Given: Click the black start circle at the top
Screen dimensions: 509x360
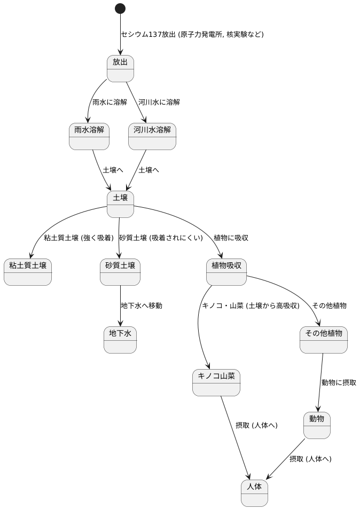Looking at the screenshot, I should (120, 9).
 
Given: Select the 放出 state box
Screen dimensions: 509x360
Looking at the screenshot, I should (120, 68).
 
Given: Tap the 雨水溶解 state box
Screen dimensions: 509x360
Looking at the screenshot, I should (89, 136).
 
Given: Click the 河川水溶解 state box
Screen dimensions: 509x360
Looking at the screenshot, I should (152, 136).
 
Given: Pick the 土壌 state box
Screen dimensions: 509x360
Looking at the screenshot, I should (120, 204).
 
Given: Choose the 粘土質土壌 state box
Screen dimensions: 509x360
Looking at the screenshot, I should (28, 272).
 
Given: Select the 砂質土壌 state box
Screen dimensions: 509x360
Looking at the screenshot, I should (120, 272).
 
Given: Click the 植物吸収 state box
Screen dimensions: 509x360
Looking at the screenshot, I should (226, 272).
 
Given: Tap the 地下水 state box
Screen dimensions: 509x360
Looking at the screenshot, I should (120, 340).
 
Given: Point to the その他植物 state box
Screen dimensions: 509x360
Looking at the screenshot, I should (323, 340).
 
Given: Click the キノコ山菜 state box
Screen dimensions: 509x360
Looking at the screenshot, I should (216, 382).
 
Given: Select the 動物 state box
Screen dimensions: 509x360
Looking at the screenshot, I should (317, 425).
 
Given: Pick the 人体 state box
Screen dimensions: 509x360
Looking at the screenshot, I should (254, 493).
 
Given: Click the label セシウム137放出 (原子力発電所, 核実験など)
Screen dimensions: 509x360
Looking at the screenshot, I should (192, 34).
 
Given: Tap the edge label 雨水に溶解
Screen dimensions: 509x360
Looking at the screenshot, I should (109, 102).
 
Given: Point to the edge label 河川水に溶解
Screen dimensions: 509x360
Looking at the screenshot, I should (159, 102).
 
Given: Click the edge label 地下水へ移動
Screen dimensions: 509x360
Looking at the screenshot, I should (142, 306).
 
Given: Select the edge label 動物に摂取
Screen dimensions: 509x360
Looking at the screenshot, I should (339, 382).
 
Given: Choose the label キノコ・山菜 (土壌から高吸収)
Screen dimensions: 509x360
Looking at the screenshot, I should (251, 306).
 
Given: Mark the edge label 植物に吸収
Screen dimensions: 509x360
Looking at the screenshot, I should (231, 238).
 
